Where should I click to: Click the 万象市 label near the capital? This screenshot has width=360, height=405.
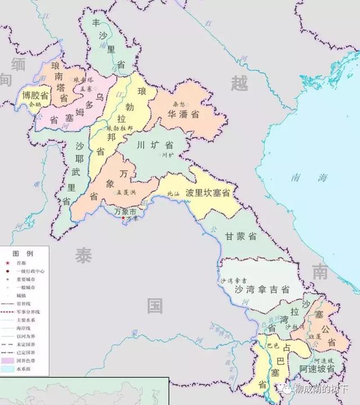click(125, 212)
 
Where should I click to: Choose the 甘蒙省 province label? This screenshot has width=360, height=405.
click(241, 236)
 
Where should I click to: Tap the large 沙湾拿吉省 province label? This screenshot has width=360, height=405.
click(262, 289)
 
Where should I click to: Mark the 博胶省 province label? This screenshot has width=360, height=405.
click(34, 95)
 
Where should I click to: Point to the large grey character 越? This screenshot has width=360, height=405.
click(239, 83)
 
